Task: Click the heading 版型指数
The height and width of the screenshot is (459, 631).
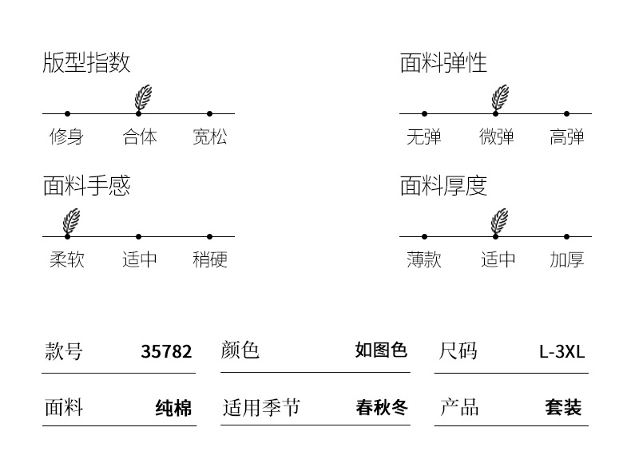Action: (x=86, y=63)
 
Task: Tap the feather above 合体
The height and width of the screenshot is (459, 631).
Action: (x=143, y=97)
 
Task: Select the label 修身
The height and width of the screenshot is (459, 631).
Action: (x=66, y=137)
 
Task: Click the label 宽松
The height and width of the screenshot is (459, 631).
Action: (x=210, y=137)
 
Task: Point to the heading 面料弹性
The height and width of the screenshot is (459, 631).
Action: (x=443, y=63)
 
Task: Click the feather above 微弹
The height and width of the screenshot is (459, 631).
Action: (x=500, y=97)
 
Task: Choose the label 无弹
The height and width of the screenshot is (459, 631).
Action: (x=423, y=137)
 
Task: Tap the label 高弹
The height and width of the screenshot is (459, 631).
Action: (x=567, y=137)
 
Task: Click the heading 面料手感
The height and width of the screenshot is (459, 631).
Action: (x=86, y=186)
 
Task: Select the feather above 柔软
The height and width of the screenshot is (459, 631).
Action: (x=71, y=221)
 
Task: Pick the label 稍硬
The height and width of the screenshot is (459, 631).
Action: (x=210, y=259)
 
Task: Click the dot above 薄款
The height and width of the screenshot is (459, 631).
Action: (x=424, y=236)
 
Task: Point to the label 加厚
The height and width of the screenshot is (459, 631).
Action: (x=567, y=259)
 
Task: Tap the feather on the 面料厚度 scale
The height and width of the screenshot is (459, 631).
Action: (x=500, y=221)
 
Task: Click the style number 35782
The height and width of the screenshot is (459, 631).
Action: (x=166, y=351)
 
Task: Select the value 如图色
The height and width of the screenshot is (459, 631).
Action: (x=381, y=350)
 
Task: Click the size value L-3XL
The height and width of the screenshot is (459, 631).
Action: (x=562, y=351)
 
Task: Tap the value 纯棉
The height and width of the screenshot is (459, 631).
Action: (x=173, y=409)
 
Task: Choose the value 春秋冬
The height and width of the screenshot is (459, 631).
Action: (x=381, y=408)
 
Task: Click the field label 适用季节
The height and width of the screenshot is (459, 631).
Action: (x=261, y=408)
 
